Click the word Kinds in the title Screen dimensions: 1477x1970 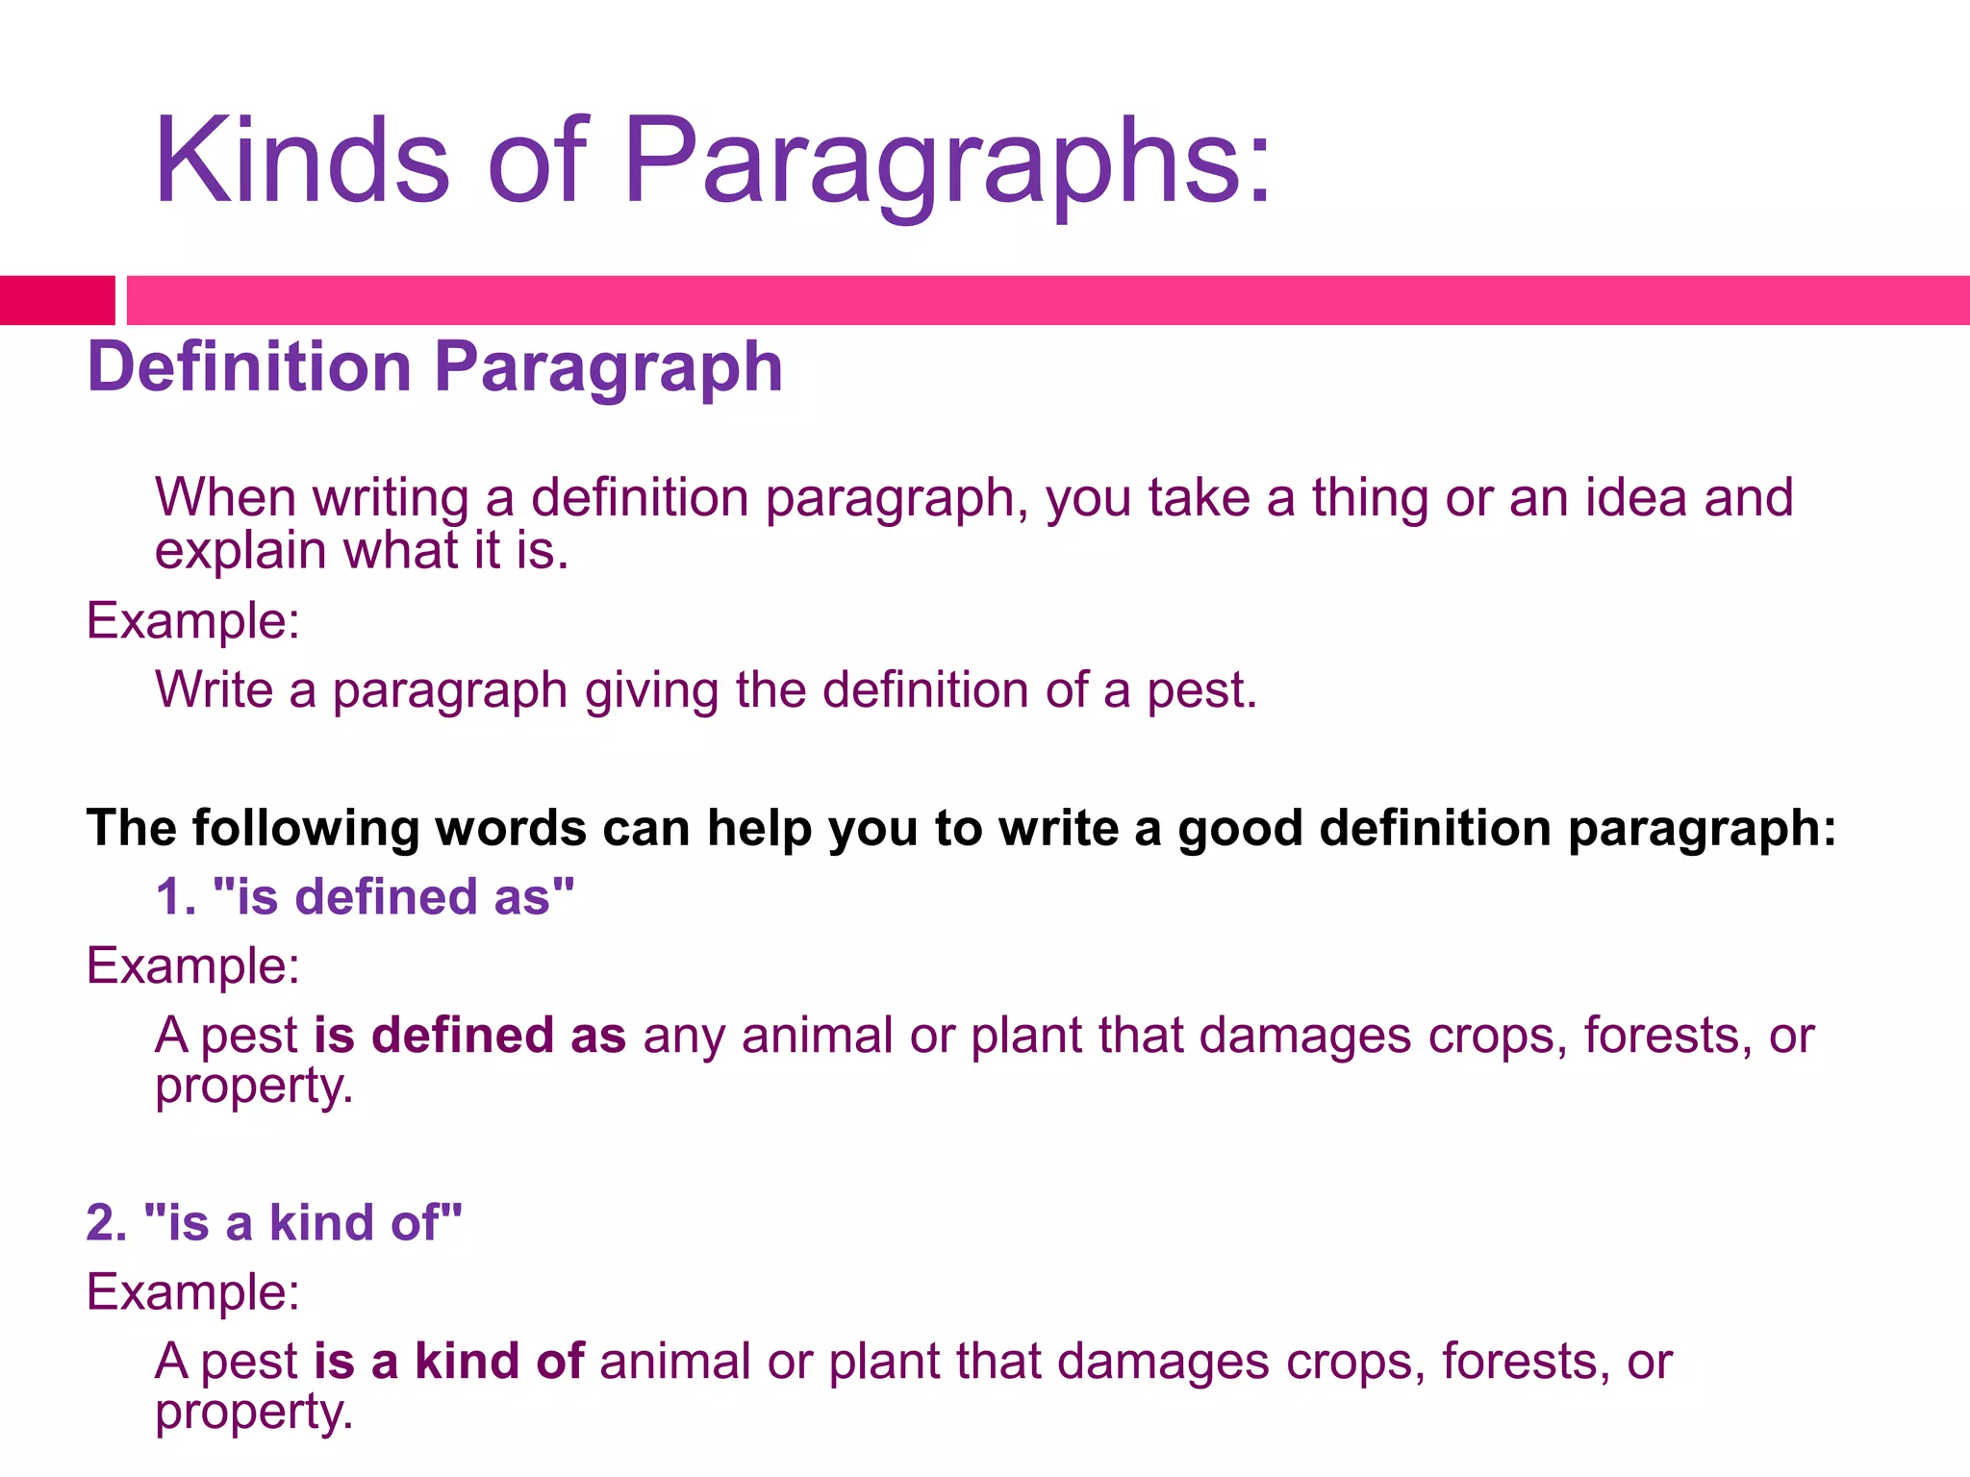pos(301,161)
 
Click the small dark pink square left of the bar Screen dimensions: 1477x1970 pos(57,300)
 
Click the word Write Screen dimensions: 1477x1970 pos(215,690)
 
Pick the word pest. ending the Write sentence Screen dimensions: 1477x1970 pos(1201,690)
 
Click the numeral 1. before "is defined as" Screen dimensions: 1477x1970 pos(176,897)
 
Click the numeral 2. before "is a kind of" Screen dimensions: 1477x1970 pos(107,1223)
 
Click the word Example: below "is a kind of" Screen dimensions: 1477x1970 pos(193,1292)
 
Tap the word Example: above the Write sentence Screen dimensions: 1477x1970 pos(193,621)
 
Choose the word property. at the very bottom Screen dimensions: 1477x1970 pos(254,1414)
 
